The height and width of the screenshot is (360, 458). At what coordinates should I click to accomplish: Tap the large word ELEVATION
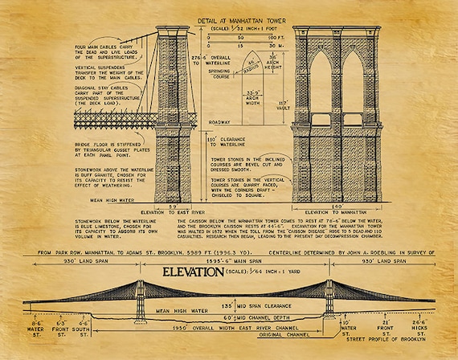(x=193, y=272)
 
